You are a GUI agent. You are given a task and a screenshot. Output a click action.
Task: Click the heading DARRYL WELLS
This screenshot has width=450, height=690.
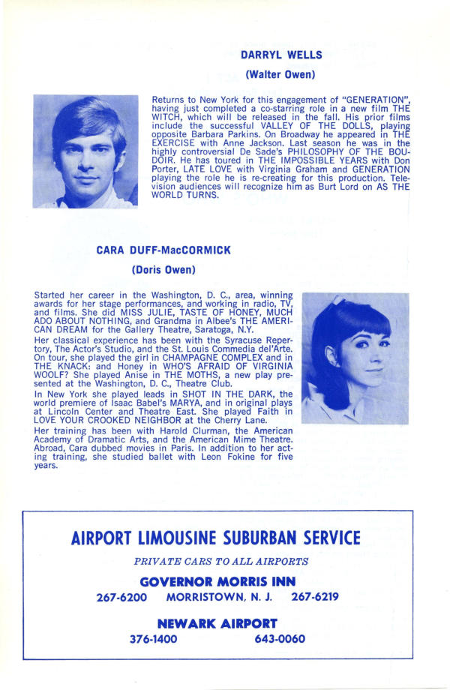[x=280, y=55]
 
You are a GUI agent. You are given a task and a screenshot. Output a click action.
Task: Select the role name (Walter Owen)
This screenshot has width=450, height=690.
[x=280, y=74]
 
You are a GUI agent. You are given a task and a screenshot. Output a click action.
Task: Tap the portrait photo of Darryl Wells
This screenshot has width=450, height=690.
[x=85, y=151]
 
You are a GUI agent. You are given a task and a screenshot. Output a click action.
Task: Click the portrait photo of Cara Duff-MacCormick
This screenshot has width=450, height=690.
[x=355, y=358]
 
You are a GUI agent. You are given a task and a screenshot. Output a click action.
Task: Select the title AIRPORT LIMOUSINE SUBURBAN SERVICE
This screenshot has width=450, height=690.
[x=215, y=538]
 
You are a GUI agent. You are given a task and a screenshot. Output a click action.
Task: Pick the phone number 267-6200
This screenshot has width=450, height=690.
[x=121, y=598]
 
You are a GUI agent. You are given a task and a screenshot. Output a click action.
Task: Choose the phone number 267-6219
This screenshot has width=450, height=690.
[x=315, y=598]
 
